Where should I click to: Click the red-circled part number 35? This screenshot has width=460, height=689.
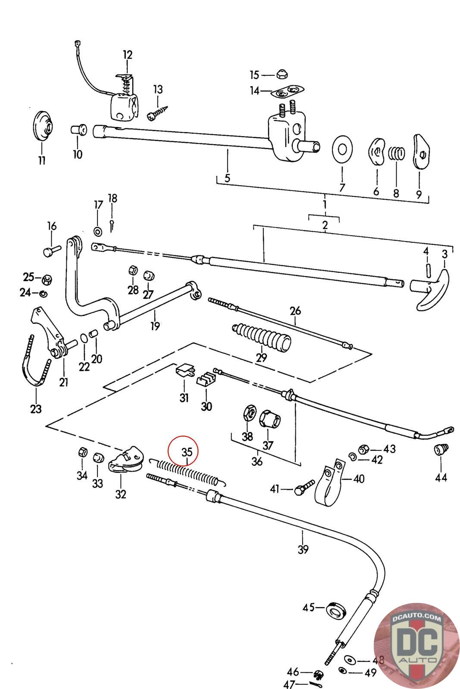187,453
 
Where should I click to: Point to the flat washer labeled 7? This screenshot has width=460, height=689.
342,149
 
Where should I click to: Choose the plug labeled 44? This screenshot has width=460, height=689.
441,450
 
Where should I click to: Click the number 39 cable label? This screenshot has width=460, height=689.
303,549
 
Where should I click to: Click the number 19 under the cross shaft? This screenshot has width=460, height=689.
155,326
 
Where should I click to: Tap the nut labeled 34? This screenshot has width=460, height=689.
82,453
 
